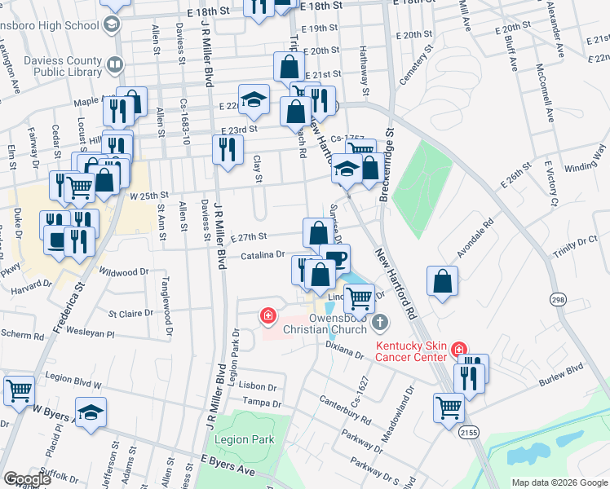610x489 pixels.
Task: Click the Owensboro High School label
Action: click(49, 25)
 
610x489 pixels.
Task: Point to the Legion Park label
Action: click(244, 440)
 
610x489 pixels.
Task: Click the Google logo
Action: click(28, 478)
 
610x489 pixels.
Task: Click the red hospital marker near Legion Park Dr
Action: click(267, 315)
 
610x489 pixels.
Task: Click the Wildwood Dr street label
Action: click(124, 271)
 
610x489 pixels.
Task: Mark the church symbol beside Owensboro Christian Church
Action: click(378, 323)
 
